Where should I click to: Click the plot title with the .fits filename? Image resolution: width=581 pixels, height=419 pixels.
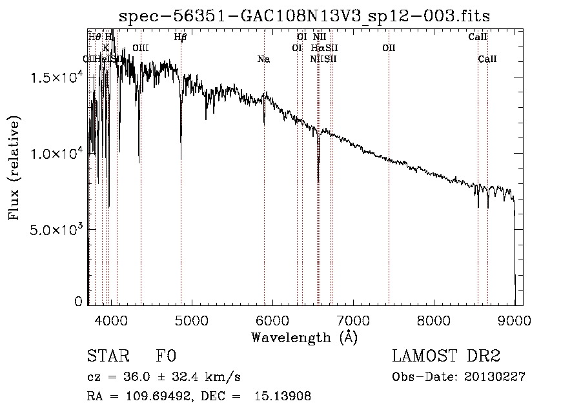tap(309, 15)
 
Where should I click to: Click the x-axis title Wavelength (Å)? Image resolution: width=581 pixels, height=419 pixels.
tap(304, 336)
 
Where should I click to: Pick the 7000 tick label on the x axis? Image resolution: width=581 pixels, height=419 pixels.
tap(353, 319)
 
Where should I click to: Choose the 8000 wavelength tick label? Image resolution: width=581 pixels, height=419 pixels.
tap(434, 319)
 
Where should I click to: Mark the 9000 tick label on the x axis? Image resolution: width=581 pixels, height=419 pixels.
tap(515, 319)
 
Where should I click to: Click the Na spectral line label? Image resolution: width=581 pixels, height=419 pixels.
tap(263, 59)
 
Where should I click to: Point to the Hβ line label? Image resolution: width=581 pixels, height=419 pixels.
tap(180, 37)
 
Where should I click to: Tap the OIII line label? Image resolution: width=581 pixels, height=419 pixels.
tap(140, 48)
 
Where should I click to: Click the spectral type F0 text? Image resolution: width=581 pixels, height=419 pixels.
tap(166, 357)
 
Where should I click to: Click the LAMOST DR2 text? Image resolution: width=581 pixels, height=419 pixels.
tap(446, 357)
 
